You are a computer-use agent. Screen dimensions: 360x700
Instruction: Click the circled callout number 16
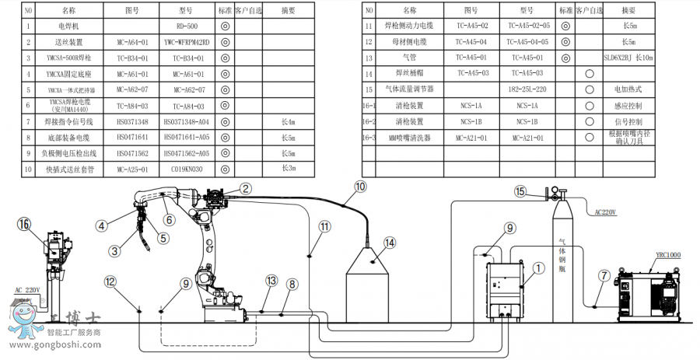25,224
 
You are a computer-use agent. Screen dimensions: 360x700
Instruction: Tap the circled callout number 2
245,188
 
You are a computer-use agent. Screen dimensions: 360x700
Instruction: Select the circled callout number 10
360,187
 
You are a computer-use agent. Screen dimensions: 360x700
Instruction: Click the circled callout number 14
389,242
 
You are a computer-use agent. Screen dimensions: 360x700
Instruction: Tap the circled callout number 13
271,281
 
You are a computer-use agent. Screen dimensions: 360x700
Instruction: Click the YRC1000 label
667,255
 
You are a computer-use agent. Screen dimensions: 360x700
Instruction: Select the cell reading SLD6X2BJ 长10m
629,58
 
